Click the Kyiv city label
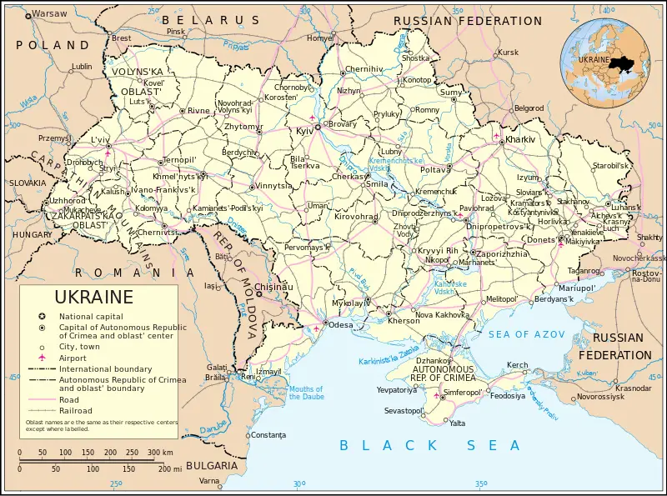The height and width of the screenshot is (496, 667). [x=303, y=132]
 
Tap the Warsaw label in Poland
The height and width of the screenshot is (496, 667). [x=49, y=14]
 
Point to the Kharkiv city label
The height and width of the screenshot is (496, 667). [x=519, y=138]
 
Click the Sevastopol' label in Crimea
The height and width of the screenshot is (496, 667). [x=403, y=411]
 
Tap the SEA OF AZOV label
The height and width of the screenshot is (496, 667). [x=527, y=334]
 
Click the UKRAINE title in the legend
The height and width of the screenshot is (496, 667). [x=93, y=298]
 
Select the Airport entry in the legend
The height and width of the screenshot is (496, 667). [x=73, y=358]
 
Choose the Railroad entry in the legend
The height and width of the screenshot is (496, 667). [x=76, y=410]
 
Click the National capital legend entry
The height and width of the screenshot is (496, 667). [x=90, y=317]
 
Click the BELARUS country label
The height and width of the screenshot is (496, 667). [x=210, y=19]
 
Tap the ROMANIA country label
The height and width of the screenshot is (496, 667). [x=125, y=272]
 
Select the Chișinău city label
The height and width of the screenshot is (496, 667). [x=274, y=287]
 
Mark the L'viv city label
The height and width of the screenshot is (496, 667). [x=100, y=139]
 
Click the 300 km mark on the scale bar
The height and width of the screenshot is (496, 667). [x=154, y=453]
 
